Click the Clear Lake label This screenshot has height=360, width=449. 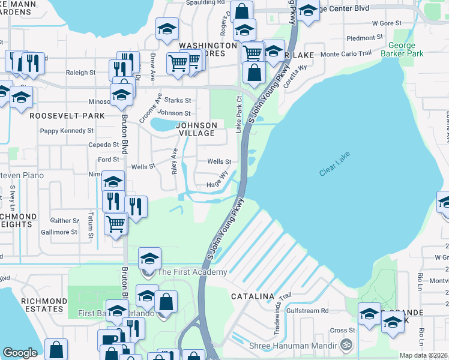(334, 163)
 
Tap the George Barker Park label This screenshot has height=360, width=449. (406, 49)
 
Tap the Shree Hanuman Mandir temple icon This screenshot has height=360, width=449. (345, 345)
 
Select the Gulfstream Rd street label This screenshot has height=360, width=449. (307, 311)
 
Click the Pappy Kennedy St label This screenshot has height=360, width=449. (67, 130)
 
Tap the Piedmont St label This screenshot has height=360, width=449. (365, 38)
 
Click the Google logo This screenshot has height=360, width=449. (20, 353)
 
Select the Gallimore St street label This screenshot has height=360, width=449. (59, 232)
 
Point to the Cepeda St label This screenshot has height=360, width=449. (88, 145)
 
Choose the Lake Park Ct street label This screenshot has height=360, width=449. (239, 114)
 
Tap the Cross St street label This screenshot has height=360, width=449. (339, 330)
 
